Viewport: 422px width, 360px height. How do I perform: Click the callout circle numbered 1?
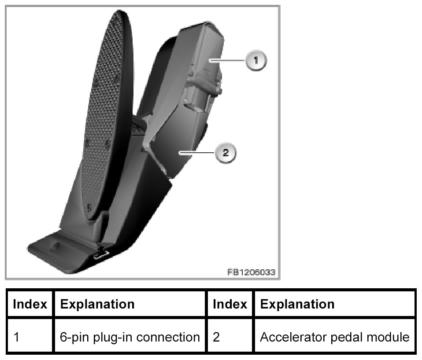(256, 59)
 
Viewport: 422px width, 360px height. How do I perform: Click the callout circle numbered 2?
(225, 153)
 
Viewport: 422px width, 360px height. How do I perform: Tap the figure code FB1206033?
(251, 272)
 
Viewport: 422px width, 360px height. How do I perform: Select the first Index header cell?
(30, 304)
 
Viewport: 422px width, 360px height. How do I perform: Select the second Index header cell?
(230, 304)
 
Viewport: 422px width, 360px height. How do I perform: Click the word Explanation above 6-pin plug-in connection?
(97, 304)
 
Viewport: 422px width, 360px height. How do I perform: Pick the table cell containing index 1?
(30, 338)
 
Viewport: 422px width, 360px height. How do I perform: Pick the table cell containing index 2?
(230, 338)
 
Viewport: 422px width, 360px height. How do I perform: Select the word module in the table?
(389, 338)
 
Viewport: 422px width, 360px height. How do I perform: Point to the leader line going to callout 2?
(197, 153)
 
